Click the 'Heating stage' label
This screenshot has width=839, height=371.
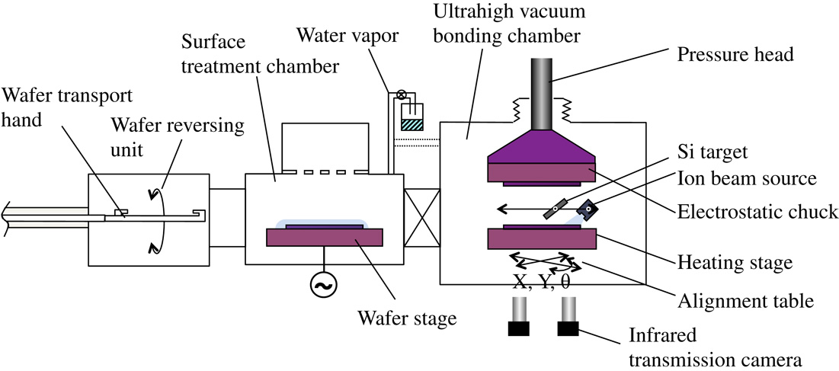click(735, 263)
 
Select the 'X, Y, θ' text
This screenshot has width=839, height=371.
click(541, 281)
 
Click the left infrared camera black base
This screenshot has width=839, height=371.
click(520, 329)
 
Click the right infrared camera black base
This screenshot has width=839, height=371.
click(568, 329)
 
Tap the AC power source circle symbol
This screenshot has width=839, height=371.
click(320, 285)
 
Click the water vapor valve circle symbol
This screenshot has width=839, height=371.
click(401, 95)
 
